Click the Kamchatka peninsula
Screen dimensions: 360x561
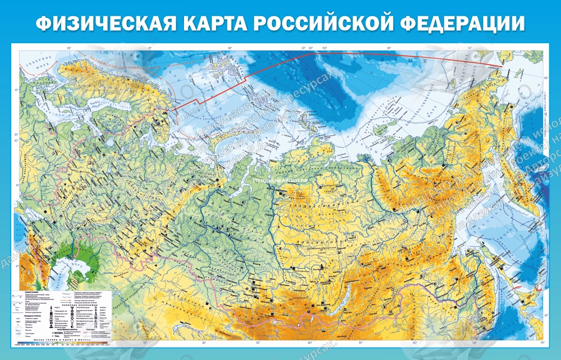pos(522,163)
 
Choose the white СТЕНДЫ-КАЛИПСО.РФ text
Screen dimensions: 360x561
pos(280,181)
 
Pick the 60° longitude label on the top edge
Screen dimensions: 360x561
pos(69,49)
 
